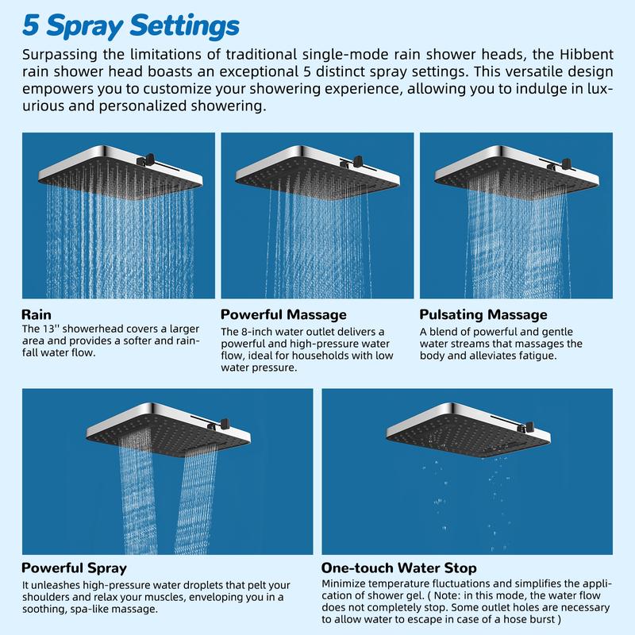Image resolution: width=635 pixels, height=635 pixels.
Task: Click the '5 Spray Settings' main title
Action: pos(130,26)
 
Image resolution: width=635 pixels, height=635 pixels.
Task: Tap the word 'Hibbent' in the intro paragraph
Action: pos(587,54)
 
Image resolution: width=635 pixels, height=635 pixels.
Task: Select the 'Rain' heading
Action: pos(37,314)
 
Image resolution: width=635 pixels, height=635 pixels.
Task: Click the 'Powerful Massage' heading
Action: pos(283,314)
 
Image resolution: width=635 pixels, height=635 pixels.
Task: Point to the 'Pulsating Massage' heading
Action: pos(483,314)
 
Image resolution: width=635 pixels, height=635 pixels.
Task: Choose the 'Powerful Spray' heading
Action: pos(74,568)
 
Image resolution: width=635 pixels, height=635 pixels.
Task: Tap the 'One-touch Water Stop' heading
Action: pos(399,568)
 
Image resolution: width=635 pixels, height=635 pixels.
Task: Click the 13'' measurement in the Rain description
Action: pos(50,329)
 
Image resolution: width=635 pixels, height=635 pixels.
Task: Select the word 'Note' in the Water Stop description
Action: pos(447,595)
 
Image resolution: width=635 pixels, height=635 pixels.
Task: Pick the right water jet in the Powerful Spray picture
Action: pos(195,499)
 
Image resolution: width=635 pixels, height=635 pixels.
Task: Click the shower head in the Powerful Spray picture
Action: pos(168,430)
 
